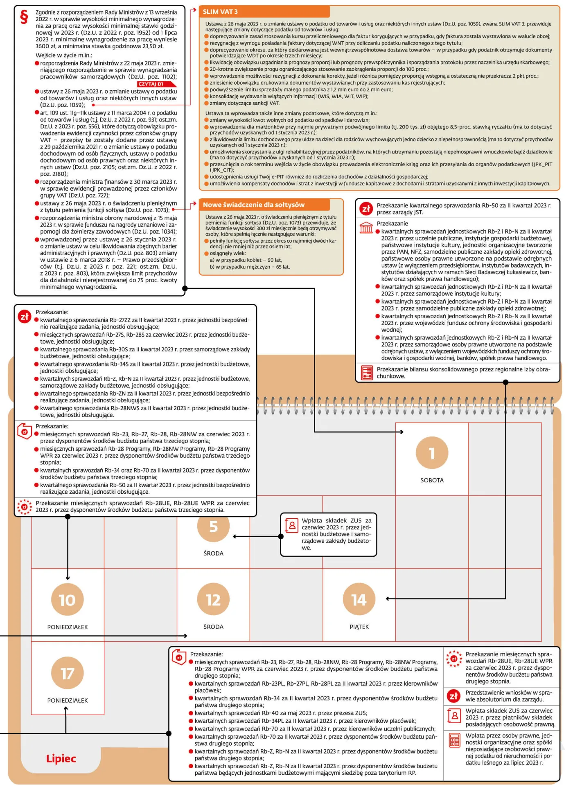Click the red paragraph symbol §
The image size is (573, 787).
tap(24, 16)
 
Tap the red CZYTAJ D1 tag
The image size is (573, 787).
tap(157, 84)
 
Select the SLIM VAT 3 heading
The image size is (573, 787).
tap(220, 12)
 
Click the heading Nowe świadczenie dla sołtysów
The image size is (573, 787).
tap(254, 205)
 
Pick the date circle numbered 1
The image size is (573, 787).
tap(432, 453)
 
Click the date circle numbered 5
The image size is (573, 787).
tap(213, 526)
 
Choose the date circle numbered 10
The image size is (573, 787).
tap(68, 600)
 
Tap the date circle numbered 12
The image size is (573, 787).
tap(213, 600)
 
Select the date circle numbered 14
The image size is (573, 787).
tap(359, 600)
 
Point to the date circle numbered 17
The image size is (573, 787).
tap(68, 673)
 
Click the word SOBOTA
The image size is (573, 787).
tap(432, 480)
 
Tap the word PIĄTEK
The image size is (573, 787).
tap(359, 627)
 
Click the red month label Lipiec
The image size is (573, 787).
tap(61, 758)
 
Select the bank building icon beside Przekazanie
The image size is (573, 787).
tap(366, 227)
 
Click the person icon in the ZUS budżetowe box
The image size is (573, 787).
tap(291, 525)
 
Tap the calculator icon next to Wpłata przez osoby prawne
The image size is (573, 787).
tap(454, 740)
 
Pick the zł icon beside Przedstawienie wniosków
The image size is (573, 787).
tap(453, 696)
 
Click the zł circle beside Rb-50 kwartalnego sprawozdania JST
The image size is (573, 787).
tap(366, 209)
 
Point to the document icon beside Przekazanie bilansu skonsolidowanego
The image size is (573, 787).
tap(367, 372)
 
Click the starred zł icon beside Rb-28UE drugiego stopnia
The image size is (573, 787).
tap(454, 659)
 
